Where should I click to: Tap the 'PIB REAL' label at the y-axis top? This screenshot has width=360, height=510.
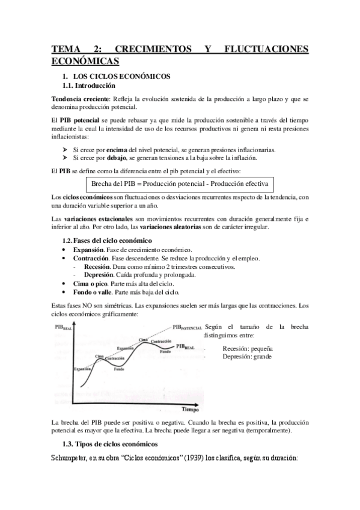(64, 328)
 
